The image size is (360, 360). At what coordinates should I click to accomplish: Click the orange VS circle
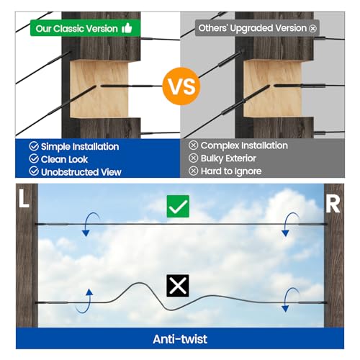(181, 86)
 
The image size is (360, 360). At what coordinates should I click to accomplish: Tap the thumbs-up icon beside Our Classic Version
(127, 28)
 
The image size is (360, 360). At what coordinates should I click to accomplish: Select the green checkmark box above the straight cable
(178, 206)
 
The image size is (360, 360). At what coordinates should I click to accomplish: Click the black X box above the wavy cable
(178, 286)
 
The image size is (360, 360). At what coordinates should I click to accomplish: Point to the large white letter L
(24, 198)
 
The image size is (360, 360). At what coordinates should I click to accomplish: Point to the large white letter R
(333, 204)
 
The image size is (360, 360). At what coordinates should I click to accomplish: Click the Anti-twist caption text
(180, 339)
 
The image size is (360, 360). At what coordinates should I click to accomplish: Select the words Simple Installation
(80, 146)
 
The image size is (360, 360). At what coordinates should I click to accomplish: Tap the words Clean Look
(64, 159)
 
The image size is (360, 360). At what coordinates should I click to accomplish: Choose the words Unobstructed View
(81, 172)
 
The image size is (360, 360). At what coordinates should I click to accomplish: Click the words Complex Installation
(244, 145)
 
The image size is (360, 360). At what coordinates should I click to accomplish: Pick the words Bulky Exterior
(228, 158)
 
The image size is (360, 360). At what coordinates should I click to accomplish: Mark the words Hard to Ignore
(231, 171)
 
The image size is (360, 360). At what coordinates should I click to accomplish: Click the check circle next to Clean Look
(34, 158)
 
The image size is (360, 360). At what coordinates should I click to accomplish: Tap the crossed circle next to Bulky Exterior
(193, 158)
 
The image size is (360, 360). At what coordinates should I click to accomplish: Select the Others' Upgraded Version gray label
(257, 28)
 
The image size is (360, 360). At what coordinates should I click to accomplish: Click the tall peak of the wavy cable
(139, 283)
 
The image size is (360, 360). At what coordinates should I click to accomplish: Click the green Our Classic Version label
(85, 28)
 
